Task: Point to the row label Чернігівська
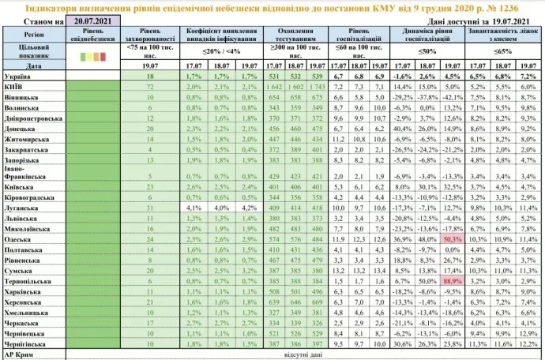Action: [27, 343]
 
